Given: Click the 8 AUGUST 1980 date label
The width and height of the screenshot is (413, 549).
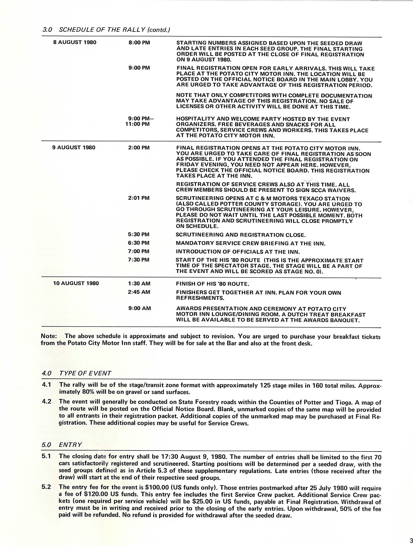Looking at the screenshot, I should pos(75,42).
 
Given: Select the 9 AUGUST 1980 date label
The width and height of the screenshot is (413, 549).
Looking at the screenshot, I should pos(74,147).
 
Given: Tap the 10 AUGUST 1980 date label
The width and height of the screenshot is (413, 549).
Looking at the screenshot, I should pos(76,283).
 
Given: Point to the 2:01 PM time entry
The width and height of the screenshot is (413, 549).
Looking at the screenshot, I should pos(139,198).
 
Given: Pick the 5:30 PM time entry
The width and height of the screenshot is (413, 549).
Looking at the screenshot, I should pos(139,235).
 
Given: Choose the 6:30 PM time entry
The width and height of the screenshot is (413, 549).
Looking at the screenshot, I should pos(139,243).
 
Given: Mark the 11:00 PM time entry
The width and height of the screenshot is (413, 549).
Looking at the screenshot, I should pos(137,124).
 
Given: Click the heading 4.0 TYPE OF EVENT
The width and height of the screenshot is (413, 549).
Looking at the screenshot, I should pos(76,373).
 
